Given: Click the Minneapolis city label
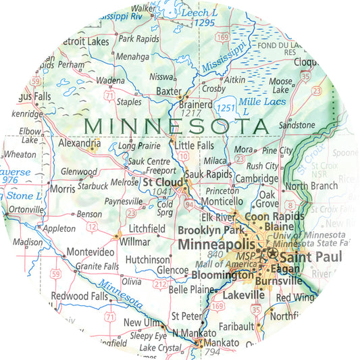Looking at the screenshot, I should (x=216, y=245).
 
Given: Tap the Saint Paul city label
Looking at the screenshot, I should (x=310, y=257).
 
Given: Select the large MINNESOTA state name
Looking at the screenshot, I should (x=176, y=126).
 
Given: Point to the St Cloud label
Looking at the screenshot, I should (x=162, y=182).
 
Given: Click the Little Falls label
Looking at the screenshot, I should (x=194, y=145).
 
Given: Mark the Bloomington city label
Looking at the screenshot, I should (x=222, y=275).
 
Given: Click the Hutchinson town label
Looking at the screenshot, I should (x=147, y=259).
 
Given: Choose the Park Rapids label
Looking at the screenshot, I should (x=138, y=39).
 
